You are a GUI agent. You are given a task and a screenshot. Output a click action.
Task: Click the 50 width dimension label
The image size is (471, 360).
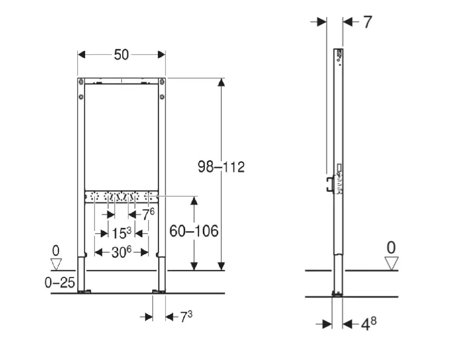pos(121,55)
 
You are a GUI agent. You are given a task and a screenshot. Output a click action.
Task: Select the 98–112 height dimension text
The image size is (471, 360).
pos(221,167)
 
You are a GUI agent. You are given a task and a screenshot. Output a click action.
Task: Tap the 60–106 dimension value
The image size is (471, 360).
pos(194,231)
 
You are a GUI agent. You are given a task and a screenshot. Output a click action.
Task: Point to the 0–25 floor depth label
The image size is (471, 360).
pos(59,283)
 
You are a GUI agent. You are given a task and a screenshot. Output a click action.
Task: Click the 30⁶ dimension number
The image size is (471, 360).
pos(122,252)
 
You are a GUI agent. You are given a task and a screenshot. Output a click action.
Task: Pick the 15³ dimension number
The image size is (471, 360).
pos(121,233)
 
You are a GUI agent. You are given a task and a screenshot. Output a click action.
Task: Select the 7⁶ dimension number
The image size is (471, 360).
pos(148,214)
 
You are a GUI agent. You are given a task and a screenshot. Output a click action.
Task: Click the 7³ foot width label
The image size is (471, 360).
pos(186,317)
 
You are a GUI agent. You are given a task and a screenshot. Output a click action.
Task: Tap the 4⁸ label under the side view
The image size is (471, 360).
pos(368,324)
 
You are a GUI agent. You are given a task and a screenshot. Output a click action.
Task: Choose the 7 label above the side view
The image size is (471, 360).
pos(368,22)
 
